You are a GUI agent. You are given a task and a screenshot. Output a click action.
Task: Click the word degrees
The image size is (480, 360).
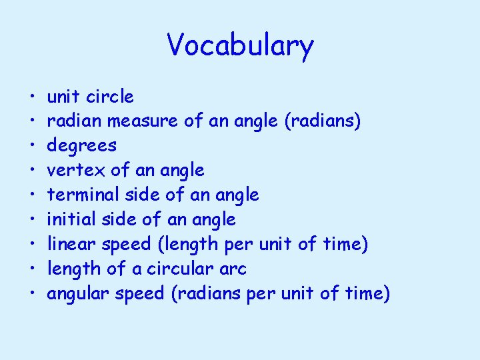tap(81, 146)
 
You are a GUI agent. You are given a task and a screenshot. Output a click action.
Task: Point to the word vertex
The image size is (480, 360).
tap(67, 171)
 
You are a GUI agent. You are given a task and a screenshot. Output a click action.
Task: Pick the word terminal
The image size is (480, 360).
tap(75, 195)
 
